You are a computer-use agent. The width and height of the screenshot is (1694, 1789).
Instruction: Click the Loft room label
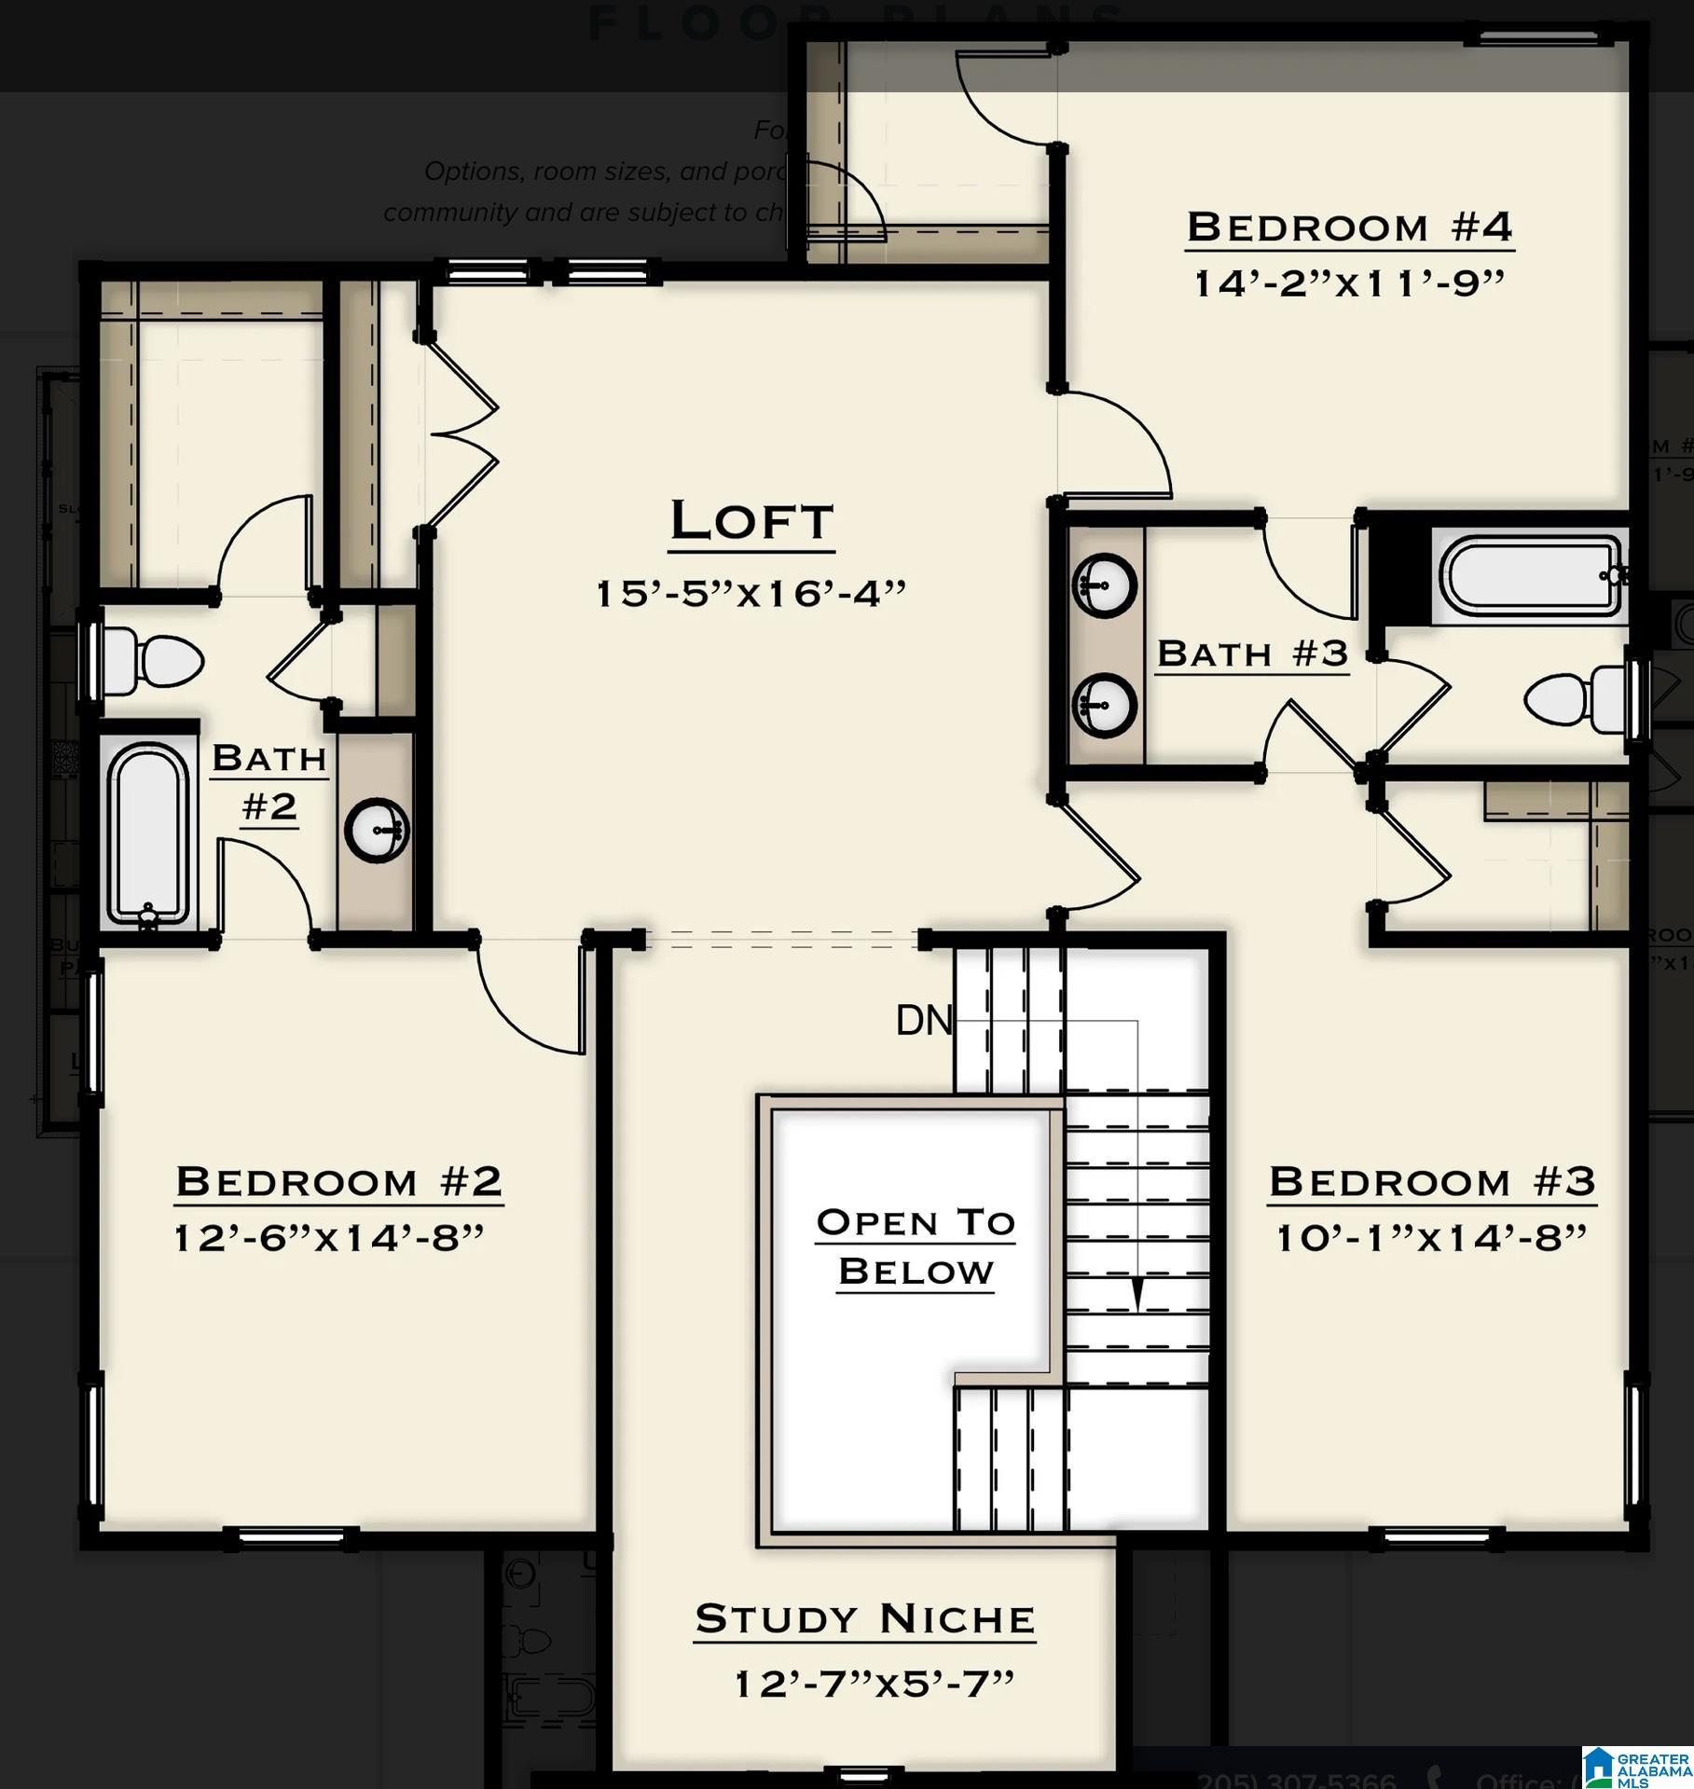tap(751, 521)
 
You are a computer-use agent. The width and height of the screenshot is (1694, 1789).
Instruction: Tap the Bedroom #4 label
tap(1349, 227)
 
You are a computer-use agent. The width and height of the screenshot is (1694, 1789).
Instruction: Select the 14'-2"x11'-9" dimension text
tap(1349, 282)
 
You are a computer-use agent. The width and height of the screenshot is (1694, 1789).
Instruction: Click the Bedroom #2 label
tap(338, 1181)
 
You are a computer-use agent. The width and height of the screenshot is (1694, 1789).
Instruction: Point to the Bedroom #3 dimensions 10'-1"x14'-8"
tap(1431, 1238)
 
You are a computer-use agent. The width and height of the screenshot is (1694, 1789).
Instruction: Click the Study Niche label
tap(864, 1618)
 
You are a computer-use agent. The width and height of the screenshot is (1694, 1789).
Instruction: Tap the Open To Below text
tap(916, 1246)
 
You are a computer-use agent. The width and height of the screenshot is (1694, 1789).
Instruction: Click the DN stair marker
tap(923, 1021)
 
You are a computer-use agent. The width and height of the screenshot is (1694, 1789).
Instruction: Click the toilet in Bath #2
tap(154, 662)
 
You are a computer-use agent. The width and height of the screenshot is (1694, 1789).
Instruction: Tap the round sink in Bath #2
tap(377, 829)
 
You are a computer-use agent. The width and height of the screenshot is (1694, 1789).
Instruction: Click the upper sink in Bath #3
tap(1104, 585)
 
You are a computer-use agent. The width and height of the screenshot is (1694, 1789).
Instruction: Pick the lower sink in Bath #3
tap(1104, 705)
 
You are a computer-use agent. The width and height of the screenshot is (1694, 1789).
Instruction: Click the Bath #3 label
tap(1252, 654)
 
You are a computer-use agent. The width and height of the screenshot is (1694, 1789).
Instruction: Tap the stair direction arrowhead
tap(1136, 1294)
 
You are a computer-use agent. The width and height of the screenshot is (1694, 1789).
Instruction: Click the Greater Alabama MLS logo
tap(1637, 1768)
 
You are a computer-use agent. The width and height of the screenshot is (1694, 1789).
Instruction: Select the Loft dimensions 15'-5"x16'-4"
tap(751, 593)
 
